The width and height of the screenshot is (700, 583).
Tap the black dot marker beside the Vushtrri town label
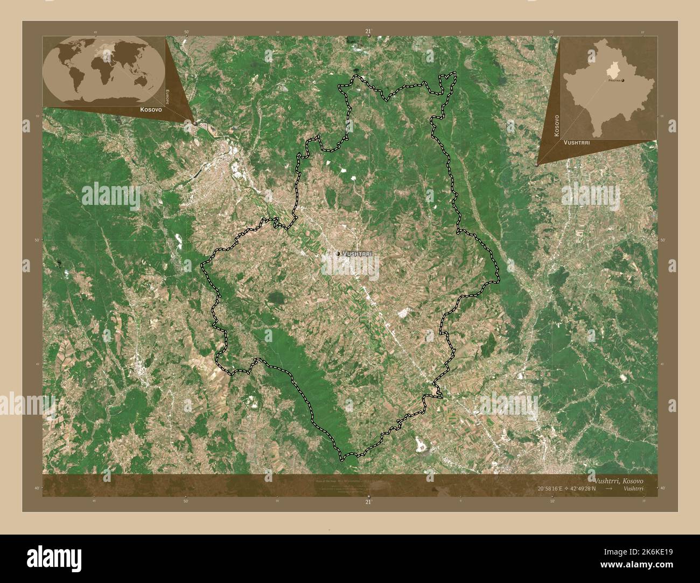[x=338, y=253]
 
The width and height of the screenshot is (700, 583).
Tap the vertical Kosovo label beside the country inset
[x=557, y=125]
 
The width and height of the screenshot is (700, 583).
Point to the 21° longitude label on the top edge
[x=368, y=32]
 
